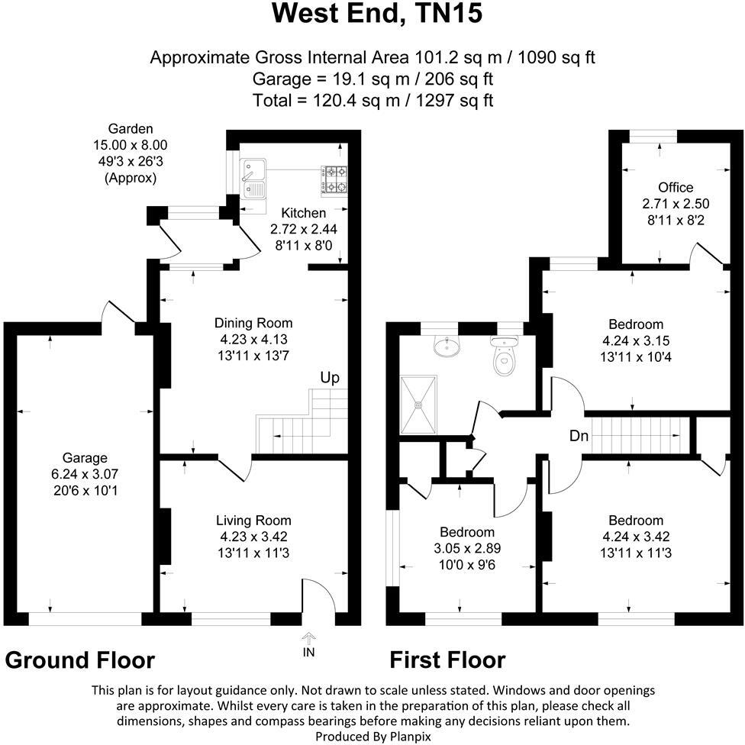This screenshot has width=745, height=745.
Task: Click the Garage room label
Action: (85, 458)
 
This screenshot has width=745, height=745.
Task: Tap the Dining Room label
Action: (253, 323)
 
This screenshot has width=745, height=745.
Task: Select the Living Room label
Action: (252, 521)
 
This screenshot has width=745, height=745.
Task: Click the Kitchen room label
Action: (303, 213)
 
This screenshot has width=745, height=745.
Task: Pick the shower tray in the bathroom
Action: (418, 402)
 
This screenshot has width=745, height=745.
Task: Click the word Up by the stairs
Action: (330, 378)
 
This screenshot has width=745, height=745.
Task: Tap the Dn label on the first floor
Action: (578, 437)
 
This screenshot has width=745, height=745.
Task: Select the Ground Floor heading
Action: (79, 660)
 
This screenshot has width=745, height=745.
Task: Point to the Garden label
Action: (130, 129)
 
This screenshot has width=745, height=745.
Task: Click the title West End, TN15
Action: (377, 15)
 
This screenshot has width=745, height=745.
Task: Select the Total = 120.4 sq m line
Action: (372, 100)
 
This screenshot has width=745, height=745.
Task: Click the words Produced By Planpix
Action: (372, 736)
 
